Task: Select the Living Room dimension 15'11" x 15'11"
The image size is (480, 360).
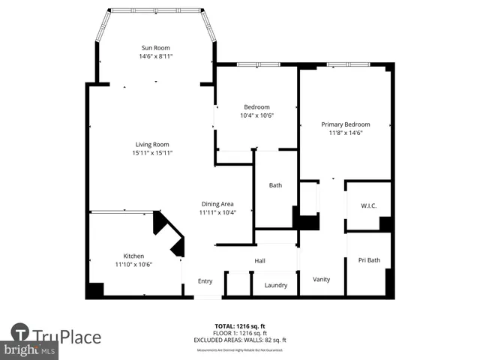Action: pyautogui.click(x=152, y=153)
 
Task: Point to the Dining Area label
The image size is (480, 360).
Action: pyautogui.click(x=217, y=204)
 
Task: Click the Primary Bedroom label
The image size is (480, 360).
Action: pyautogui.click(x=345, y=124)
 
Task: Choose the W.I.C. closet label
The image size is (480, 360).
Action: pyautogui.click(x=368, y=205)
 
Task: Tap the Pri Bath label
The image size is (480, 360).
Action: pyautogui.click(x=368, y=260)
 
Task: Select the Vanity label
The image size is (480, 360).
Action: pyautogui.click(x=321, y=279)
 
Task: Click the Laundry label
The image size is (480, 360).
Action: pyautogui.click(x=276, y=285)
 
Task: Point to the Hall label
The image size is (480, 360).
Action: pyautogui.click(x=259, y=260)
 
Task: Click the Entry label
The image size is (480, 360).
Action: pyautogui.click(x=205, y=281)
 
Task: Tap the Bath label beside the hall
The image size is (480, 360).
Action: pyautogui.click(x=275, y=185)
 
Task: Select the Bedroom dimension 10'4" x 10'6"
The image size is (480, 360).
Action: pyautogui.click(x=256, y=115)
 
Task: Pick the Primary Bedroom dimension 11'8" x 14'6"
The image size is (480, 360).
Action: pyautogui.click(x=345, y=133)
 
